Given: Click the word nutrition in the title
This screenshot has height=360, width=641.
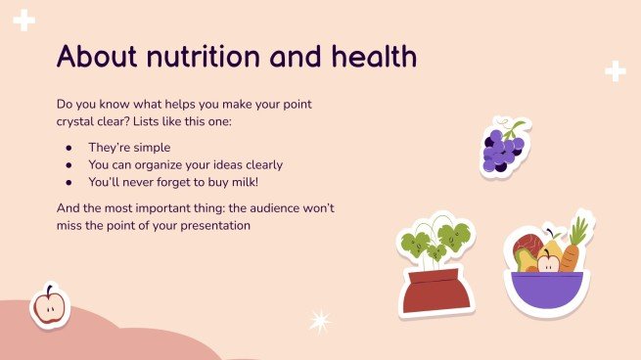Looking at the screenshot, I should pos(199,57).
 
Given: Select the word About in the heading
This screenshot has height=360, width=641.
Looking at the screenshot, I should pos(95,57).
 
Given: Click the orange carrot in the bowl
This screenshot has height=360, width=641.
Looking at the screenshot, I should pos(574,250).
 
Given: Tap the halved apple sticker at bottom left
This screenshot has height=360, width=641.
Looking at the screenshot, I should pos(48,305).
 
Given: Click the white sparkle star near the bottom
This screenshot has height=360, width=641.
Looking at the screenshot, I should pos(319,321).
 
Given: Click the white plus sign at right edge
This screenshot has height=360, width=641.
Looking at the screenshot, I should pos(615,70).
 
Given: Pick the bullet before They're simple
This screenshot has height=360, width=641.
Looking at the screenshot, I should pos(69,147).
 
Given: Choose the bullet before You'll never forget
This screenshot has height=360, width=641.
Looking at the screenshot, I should pos(69,182).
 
